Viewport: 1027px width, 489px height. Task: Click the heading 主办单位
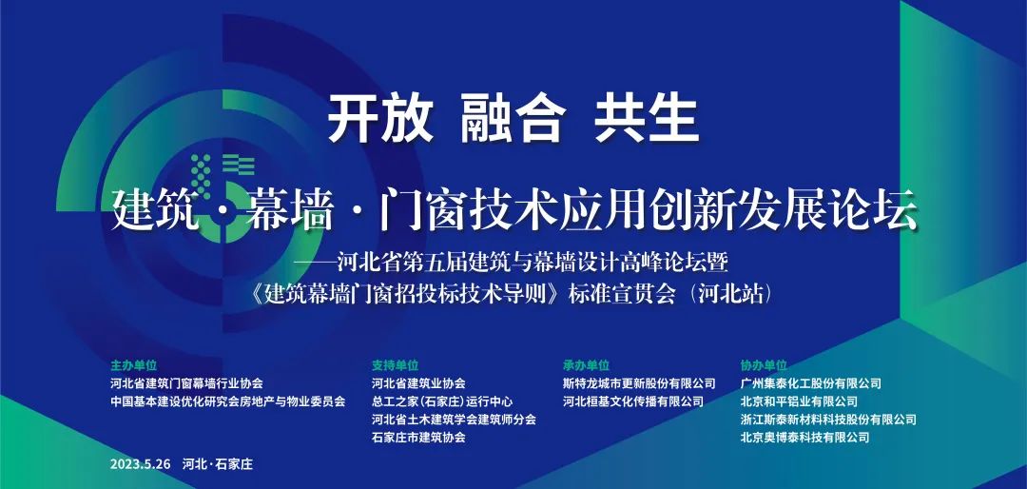pos(134,365)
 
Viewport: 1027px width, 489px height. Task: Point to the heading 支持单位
pos(395,365)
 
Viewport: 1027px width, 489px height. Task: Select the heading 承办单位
pos(586,365)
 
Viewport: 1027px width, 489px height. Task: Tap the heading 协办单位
pos(764,365)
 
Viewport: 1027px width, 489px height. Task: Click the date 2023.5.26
pos(141,464)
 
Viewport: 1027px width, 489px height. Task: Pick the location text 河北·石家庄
pos(218,464)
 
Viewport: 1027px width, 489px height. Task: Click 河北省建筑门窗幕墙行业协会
pos(187,383)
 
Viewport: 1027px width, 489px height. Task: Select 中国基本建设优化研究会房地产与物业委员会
pos(228,401)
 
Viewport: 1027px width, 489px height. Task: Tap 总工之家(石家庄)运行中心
pos(442,401)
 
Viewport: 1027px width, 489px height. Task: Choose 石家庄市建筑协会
pos(418,438)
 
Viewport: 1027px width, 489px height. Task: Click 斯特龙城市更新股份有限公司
pos(639,383)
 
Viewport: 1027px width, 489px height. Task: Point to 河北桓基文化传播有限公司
pos(632,401)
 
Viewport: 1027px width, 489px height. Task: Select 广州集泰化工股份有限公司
pos(811,383)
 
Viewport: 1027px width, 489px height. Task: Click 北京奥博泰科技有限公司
pos(805,438)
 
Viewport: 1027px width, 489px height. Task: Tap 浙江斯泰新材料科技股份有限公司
pos(828,420)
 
